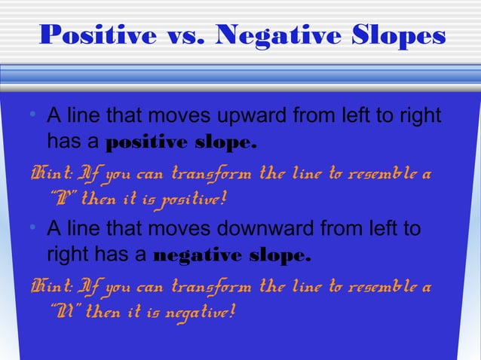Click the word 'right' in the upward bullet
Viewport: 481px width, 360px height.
tap(421, 118)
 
